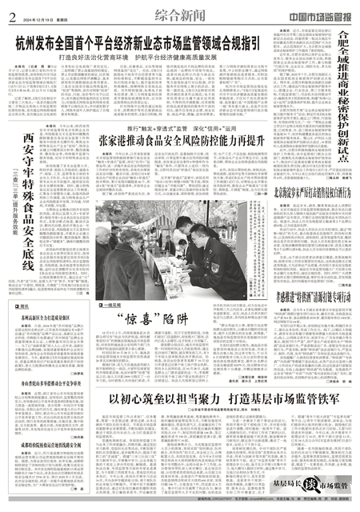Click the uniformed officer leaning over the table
click(x=221, y=232)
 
